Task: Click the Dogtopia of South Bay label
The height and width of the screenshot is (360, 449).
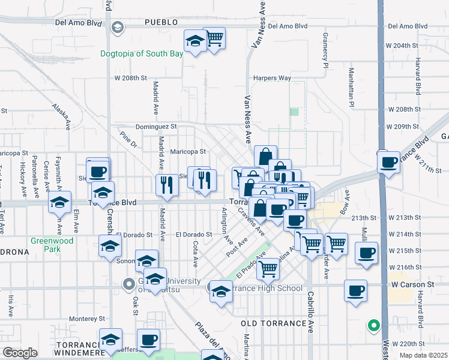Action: point(142,54)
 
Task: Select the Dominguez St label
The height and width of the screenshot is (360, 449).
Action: point(156,127)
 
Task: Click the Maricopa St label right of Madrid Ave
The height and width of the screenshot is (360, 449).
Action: point(188,152)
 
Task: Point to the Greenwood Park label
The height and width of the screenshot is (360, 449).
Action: point(52,245)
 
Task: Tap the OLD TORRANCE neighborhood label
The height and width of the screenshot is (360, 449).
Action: point(274,323)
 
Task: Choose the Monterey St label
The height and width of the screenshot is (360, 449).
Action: point(87,319)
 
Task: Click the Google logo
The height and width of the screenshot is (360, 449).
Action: point(20,352)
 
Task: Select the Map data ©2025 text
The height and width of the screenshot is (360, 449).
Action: point(423,355)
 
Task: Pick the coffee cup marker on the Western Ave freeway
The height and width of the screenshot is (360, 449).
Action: point(389,161)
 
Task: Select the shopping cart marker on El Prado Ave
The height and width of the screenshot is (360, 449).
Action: point(268,268)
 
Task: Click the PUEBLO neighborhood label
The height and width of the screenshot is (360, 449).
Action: point(161,22)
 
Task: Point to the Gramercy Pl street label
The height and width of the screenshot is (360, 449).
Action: point(326,50)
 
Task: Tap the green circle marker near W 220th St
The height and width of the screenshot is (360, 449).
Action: point(374,326)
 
